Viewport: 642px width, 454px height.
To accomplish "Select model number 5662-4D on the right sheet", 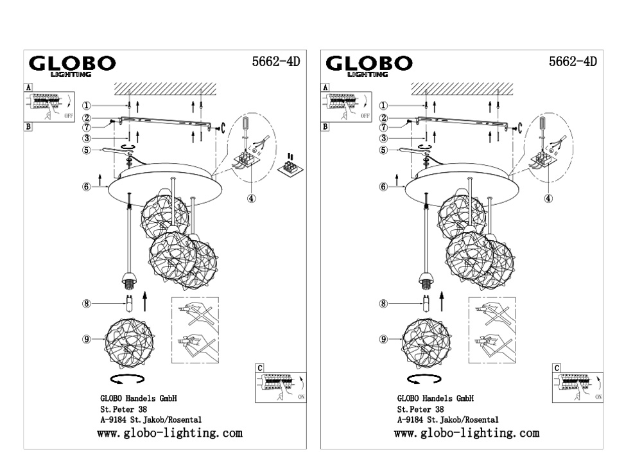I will (573, 62).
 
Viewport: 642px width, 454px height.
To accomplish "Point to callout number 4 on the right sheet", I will (548, 198).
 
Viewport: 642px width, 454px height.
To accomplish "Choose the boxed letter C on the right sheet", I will (557, 368).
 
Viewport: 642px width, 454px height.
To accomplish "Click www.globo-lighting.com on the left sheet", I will (169, 433).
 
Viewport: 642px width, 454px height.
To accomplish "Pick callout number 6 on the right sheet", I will (383, 187).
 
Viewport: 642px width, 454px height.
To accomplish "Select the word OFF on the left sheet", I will (69, 117).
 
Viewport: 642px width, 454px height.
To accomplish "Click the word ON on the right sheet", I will (598, 398).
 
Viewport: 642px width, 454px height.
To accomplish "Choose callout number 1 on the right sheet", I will (383, 106).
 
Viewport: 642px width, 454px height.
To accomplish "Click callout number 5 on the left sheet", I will (85, 151).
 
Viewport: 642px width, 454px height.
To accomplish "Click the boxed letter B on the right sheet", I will (325, 127).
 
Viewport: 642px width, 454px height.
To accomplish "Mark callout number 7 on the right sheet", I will (383, 127).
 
